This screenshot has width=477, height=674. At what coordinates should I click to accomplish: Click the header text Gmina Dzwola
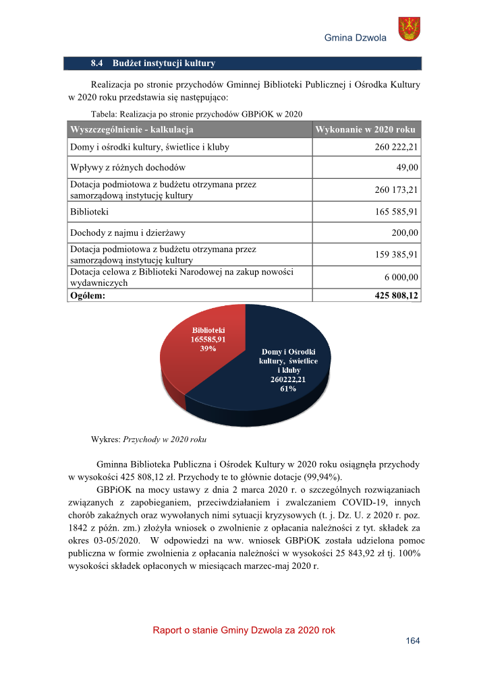pyautogui.click(x=355, y=38)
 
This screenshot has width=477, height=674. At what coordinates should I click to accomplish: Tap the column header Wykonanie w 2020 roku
pyautogui.click(x=365, y=129)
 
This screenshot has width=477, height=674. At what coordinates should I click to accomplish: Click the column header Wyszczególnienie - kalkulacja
pyautogui.click(x=132, y=129)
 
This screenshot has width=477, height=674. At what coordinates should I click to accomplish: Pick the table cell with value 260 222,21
pyautogui.click(x=397, y=146)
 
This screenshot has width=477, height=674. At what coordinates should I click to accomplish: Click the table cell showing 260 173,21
pyautogui.click(x=397, y=190)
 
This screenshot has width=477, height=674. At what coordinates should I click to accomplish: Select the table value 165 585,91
pyautogui.click(x=397, y=212)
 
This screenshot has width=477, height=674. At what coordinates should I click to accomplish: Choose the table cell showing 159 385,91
pyautogui.click(x=397, y=255)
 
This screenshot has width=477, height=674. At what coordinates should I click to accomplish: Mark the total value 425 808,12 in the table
pyautogui.click(x=396, y=295)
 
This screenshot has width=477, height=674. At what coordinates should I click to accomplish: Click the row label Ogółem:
pyautogui.click(x=88, y=295)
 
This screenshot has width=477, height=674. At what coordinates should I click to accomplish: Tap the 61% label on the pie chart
pyautogui.click(x=287, y=390)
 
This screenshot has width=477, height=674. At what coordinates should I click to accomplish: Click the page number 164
pyautogui.click(x=412, y=641)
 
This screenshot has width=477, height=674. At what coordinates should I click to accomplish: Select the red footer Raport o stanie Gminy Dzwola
pyautogui.click(x=244, y=630)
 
